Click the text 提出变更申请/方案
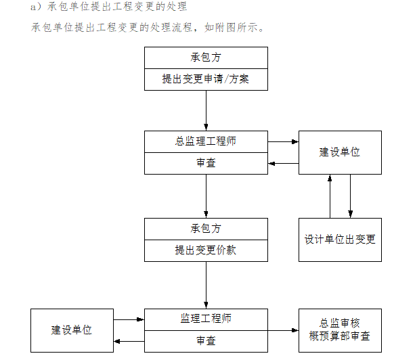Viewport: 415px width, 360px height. (x=205, y=79)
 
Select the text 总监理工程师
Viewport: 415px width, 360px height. (x=205, y=142)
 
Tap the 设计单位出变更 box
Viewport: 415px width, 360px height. (x=340, y=240)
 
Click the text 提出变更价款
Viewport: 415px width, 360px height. (x=205, y=250)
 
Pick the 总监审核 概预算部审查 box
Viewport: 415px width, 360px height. (x=340, y=330)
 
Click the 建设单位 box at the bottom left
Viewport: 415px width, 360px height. (x=72, y=330)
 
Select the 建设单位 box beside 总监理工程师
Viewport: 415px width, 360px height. (x=340, y=152)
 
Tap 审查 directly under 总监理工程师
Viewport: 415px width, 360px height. (x=205, y=163)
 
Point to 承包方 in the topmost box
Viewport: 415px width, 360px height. (x=205, y=58)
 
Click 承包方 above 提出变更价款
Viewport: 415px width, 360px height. (x=205, y=229)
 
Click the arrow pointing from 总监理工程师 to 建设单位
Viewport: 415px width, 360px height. (x=283, y=142)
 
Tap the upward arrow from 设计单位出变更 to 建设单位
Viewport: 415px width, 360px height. (x=330, y=196)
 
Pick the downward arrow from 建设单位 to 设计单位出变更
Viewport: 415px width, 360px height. (x=351, y=196)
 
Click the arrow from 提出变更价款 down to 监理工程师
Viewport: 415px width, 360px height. (x=206, y=284)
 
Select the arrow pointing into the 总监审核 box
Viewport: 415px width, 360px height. (x=283, y=330)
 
